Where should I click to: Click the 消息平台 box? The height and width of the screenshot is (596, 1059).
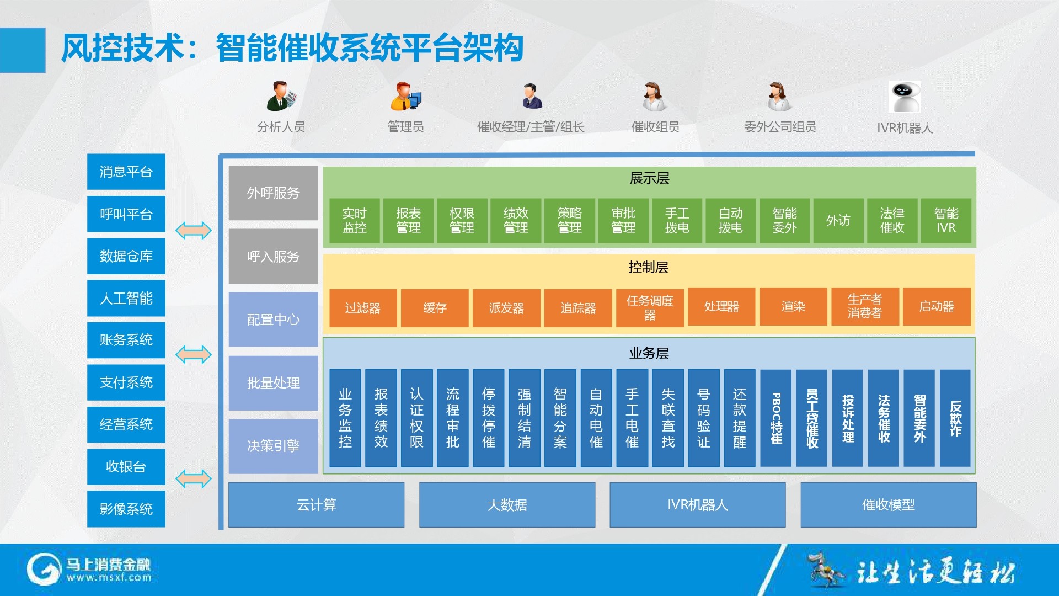pyautogui.click(x=126, y=172)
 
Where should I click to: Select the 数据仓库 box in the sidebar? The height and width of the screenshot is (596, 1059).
pyautogui.click(x=126, y=256)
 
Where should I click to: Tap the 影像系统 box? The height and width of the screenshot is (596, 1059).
pyautogui.click(x=126, y=509)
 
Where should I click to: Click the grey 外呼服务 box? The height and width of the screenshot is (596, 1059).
pyautogui.click(x=273, y=193)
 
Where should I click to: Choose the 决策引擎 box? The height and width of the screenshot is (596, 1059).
pyautogui.click(x=273, y=446)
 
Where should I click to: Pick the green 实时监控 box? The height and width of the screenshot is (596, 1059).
pyautogui.click(x=354, y=221)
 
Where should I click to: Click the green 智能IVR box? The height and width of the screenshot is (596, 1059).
pyautogui.click(x=946, y=221)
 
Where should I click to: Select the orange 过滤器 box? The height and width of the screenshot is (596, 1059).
pyautogui.click(x=363, y=308)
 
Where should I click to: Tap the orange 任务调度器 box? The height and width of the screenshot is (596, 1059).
pyautogui.click(x=650, y=308)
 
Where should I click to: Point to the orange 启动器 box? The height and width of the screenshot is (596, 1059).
pyautogui.click(x=937, y=307)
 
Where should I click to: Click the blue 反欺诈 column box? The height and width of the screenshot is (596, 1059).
pyautogui.click(x=955, y=418)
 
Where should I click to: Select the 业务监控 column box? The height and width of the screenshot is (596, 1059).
pyautogui.click(x=345, y=418)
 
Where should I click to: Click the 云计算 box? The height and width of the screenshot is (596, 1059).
pyautogui.click(x=316, y=505)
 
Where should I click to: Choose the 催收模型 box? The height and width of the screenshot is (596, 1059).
pyautogui.click(x=888, y=505)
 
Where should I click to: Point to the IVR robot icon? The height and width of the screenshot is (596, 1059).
pyautogui.click(x=905, y=97)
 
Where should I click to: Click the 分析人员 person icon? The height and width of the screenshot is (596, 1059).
pyautogui.click(x=281, y=96)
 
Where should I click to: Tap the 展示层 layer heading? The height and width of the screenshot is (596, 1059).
pyautogui.click(x=649, y=179)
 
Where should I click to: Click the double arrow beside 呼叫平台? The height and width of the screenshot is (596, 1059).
pyautogui.click(x=194, y=230)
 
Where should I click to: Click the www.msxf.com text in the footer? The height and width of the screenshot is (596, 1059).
pyautogui.click(x=109, y=578)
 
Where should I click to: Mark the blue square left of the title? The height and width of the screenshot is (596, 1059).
pyautogui.click(x=23, y=50)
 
